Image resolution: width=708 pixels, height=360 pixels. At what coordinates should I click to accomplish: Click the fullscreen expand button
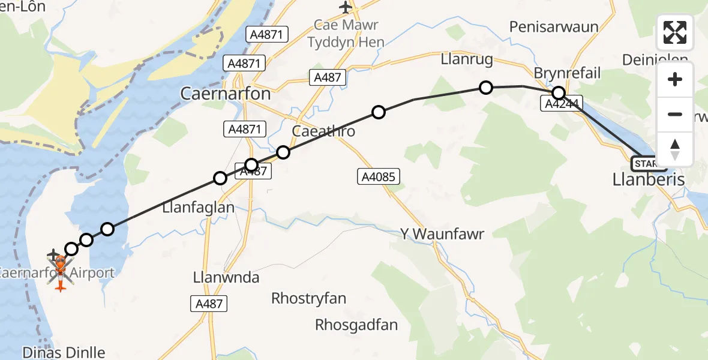[x=675, y=32]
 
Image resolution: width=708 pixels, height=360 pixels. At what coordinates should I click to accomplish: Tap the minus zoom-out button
[x=675, y=114]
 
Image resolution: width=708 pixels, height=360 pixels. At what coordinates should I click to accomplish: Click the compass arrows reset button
[x=675, y=149]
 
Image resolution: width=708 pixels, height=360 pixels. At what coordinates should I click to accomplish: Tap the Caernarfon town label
[x=226, y=94]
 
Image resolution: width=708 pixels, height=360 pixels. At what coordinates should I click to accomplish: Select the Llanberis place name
[x=648, y=179]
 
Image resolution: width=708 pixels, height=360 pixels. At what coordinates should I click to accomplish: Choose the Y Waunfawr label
[x=445, y=233]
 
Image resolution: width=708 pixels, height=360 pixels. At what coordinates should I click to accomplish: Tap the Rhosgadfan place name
[x=356, y=325]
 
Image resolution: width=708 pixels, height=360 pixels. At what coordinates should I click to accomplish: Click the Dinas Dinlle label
[x=64, y=352]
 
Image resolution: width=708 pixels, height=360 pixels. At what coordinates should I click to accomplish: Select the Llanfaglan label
[x=198, y=208]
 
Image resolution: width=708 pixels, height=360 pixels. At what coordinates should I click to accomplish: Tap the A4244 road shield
[x=561, y=104]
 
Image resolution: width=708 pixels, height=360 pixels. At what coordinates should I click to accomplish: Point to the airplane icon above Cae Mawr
[x=346, y=7]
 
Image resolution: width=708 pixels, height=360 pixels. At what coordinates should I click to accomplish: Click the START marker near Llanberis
[x=646, y=163]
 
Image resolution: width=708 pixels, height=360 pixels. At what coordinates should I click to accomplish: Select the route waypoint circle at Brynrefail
[x=559, y=93]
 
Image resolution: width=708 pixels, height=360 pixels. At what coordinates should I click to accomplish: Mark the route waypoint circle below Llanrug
[x=486, y=88]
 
